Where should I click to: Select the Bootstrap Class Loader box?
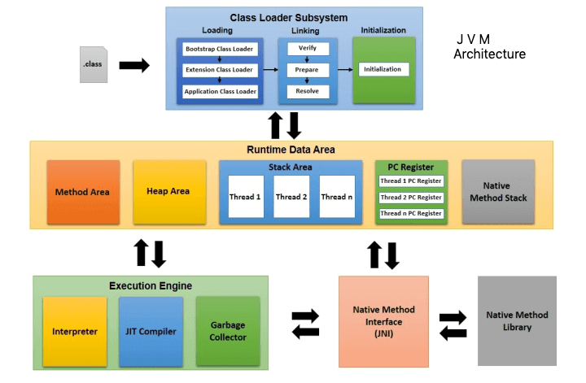(221, 50)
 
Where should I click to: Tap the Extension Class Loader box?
(221, 70)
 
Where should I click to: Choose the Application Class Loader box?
(221, 91)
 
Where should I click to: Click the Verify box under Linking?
(307, 49)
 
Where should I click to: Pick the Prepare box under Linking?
(307, 70)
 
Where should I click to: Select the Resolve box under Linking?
(307, 91)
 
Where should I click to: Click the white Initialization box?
(383, 69)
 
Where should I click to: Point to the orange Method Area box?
(83, 192)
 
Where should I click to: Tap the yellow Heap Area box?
(168, 192)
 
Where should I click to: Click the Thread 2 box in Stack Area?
(291, 197)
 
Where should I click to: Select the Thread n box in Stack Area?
(336, 197)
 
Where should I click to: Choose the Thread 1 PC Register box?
(411, 181)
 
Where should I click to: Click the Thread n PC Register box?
(411, 213)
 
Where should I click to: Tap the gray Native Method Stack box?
(498, 192)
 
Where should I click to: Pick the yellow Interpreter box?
(75, 331)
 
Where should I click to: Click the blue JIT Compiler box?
(151, 331)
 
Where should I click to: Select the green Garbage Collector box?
(228, 331)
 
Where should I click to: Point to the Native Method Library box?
(517, 320)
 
